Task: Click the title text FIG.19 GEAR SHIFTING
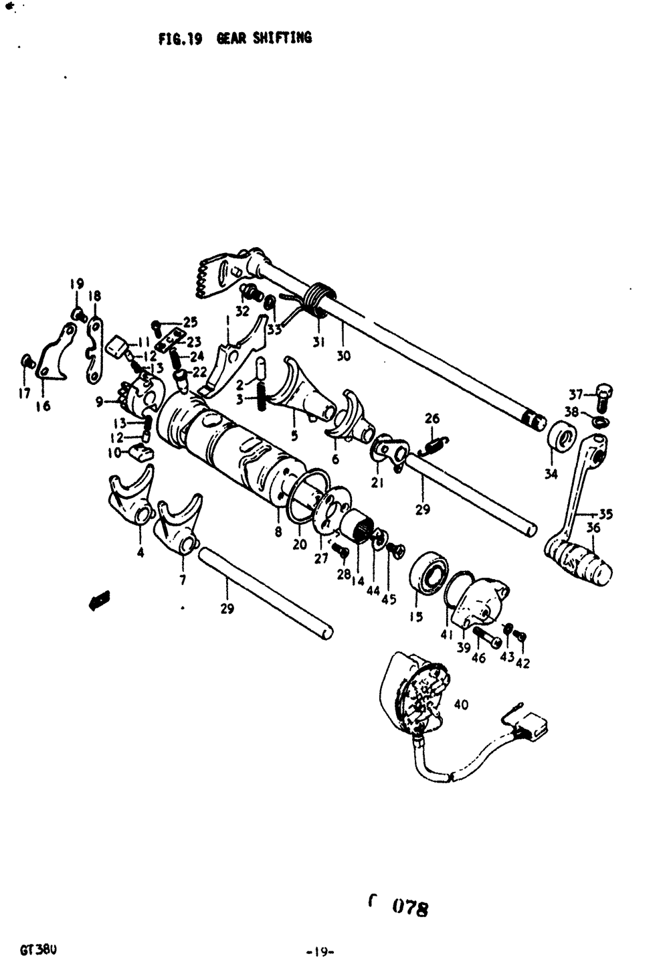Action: click(235, 38)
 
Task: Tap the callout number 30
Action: click(343, 356)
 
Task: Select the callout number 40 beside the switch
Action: click(461, 704)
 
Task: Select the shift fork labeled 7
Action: click(179, 526)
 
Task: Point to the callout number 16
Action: click(43, 406)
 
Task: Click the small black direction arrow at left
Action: click(99, 600)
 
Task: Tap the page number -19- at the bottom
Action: click(320, 951)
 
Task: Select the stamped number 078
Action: click(409, 908)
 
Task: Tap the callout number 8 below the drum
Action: click(278, 532)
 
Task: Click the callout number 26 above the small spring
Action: click(432, 419)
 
